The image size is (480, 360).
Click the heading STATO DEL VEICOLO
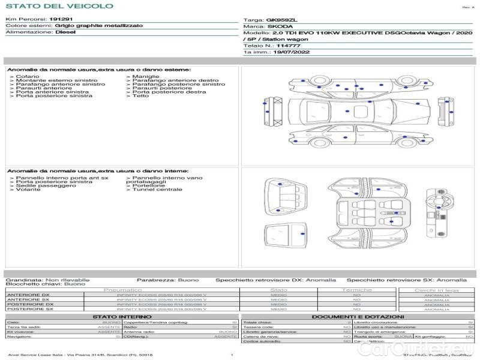tap(59, 6)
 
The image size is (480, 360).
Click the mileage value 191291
tap(61, 20)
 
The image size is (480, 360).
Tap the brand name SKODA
tap(280, 27)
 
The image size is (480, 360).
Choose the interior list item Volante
tap(29, 190)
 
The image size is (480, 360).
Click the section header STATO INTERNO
tap(122, 316)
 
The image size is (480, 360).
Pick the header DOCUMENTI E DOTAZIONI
tap(358, 316)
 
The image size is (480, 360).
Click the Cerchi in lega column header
tap(437, 290)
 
